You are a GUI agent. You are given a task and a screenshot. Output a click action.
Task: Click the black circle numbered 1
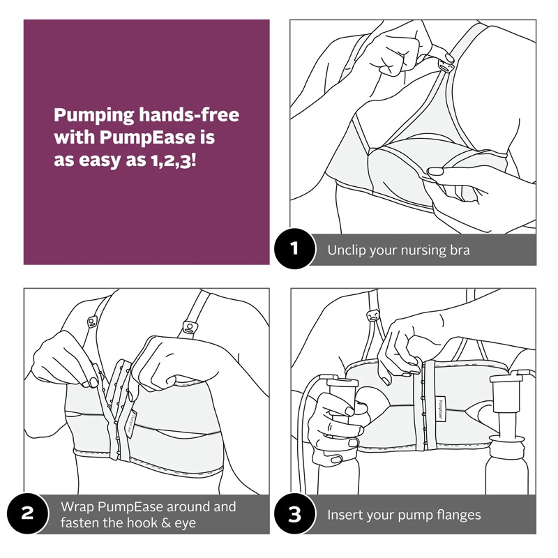point(294,248)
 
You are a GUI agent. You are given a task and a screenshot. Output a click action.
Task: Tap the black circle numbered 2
point(27,513)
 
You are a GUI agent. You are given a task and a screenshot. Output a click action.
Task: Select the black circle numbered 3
point(294,513)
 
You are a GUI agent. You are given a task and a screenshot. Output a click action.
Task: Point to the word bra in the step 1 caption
point(460,250)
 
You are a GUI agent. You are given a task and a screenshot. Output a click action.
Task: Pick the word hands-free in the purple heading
point(188,114)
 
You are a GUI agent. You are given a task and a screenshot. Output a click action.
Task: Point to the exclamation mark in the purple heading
point(194,160)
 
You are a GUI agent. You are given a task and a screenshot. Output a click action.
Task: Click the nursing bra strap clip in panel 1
point(446,66)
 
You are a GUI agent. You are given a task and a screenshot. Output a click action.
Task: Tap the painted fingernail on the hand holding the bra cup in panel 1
point(435,172)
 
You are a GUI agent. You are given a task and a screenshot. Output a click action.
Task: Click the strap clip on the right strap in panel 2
point(188,327)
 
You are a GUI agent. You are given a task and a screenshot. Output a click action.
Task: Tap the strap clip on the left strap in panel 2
point(92,322)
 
